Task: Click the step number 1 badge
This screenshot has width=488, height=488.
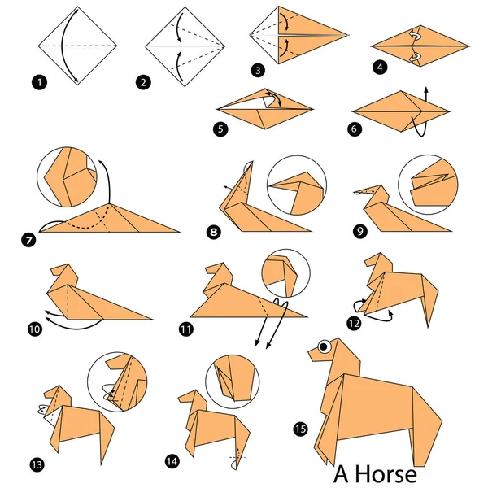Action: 37,81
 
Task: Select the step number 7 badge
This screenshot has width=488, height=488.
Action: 30,240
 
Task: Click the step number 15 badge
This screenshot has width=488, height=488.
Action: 299,426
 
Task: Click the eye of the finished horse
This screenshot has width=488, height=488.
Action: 325,346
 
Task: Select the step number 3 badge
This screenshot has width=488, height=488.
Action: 258,72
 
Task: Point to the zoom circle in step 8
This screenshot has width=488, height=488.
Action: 296,185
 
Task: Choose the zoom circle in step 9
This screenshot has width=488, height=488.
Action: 428,182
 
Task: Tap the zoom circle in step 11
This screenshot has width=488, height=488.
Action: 279,277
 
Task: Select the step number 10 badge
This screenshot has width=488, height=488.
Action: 35,329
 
